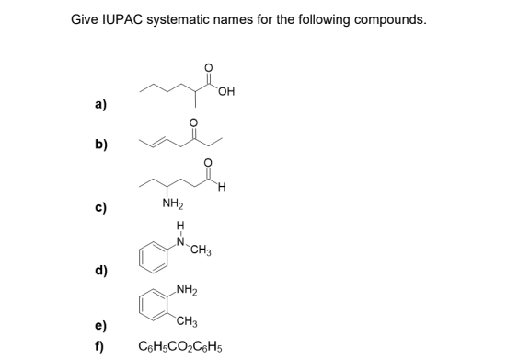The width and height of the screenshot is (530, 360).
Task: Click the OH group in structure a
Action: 227,90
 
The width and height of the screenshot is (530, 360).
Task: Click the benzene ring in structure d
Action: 156,257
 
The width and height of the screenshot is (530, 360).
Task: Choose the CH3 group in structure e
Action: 188,320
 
